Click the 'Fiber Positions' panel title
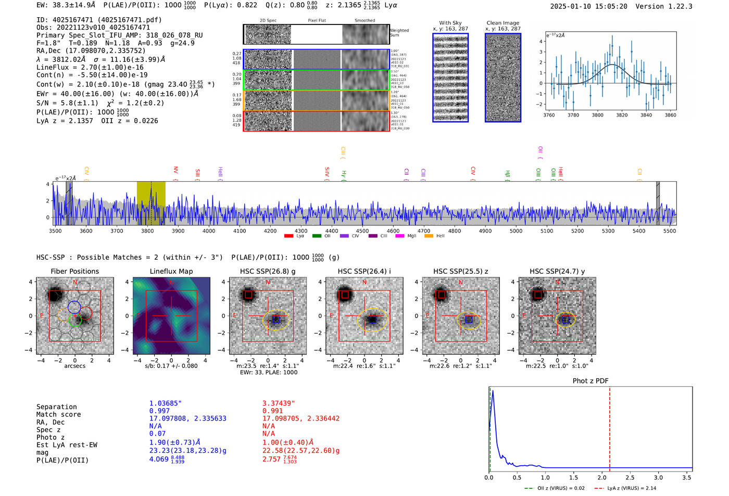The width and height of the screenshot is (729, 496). point(74,271)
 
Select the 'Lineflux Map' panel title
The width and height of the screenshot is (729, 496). point(171,271)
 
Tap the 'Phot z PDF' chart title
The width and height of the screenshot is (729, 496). point(590,380)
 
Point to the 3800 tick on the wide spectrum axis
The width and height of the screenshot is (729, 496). point(147,231)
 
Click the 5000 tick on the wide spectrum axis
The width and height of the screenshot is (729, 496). point(516,231)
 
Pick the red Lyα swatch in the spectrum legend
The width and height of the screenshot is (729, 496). point(289,236)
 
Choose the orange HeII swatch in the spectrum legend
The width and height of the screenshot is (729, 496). point(429,236)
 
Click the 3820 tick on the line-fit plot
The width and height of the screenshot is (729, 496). point(622,115)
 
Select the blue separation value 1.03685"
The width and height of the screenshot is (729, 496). point(166,403)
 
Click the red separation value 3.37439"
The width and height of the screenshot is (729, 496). point(279,403)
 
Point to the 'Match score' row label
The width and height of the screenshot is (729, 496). point(59,414)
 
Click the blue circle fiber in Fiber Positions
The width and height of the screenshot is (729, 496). point(74,307)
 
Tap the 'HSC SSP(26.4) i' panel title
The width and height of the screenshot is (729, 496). point(364,271)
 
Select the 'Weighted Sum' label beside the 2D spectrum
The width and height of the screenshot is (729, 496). point(399,33)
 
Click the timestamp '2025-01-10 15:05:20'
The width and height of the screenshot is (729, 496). point(588,6)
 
